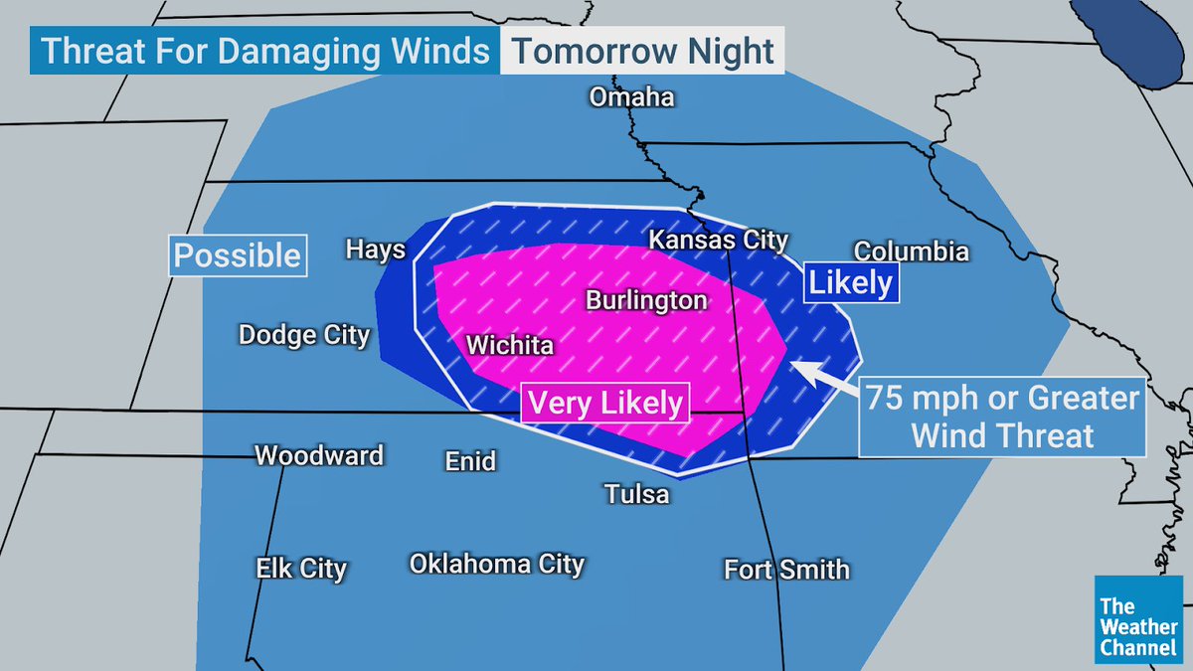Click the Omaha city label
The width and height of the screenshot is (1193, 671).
[631, 97]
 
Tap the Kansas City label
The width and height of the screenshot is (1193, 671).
[718, 240]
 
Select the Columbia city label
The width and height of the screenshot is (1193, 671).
[911, 251]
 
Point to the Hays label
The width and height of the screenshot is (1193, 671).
[375, 249]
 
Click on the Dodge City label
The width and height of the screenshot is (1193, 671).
[303, 335]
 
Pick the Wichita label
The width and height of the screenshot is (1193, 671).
[510, 346]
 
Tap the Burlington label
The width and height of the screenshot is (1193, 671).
[646, 300]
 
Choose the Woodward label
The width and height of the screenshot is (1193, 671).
[319, 456]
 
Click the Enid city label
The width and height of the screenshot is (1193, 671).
[469, 461]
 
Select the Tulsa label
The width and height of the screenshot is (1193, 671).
[637, 493]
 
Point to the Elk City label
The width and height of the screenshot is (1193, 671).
[301, 569]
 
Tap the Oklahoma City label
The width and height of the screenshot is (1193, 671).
[496, 564]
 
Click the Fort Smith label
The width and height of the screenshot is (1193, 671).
[786, 570]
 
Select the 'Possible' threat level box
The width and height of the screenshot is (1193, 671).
[238, 255]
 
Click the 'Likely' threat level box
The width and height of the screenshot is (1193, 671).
[851, 282]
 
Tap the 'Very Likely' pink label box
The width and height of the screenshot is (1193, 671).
[605, 403]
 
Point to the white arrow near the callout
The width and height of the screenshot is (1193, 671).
[824, 376]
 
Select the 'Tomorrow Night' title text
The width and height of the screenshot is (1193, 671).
[643, 52]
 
